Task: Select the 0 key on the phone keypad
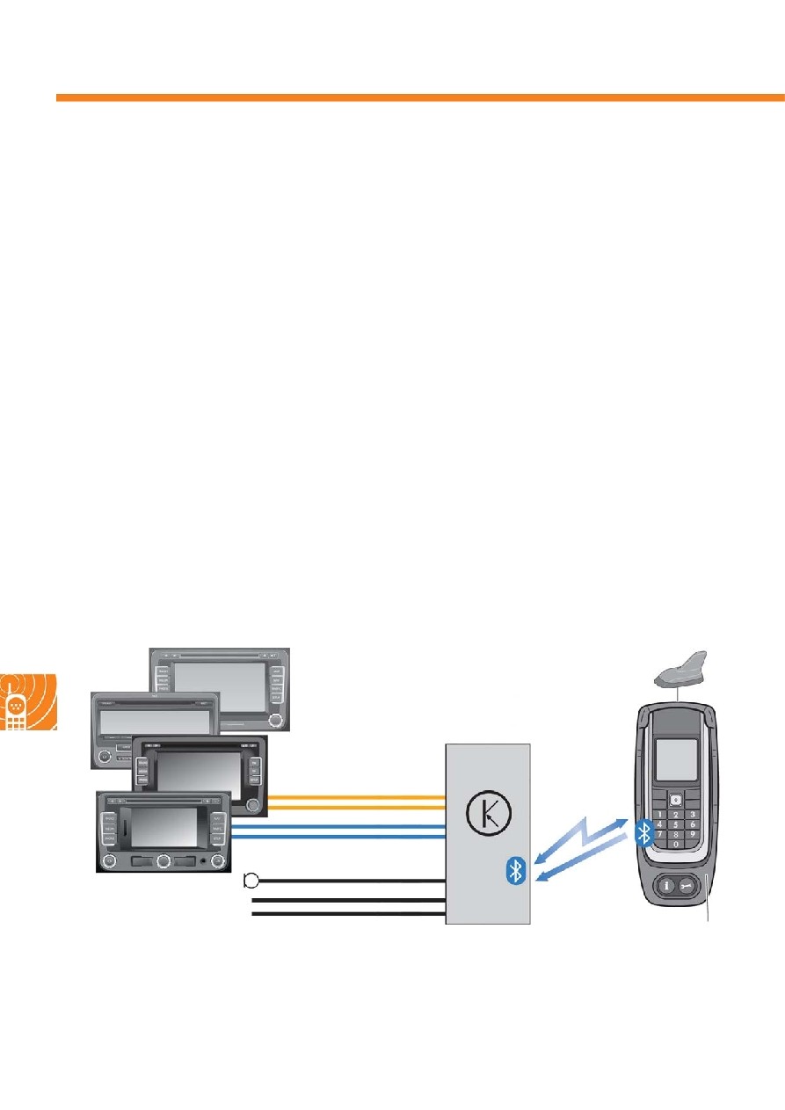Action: [674, 843]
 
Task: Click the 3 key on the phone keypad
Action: [693, 815]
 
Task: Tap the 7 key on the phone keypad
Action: [658, 833]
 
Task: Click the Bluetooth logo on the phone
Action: [643, 832]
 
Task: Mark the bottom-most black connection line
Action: [347, 914]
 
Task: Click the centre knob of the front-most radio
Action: [163, 861]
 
